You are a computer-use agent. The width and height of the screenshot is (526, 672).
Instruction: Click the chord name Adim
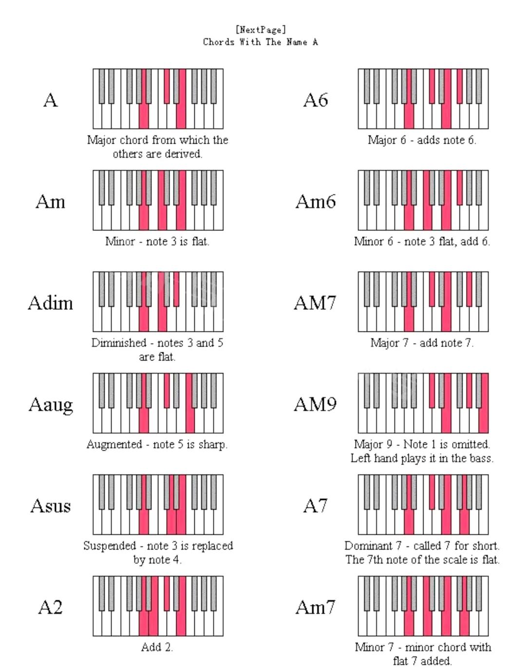50,303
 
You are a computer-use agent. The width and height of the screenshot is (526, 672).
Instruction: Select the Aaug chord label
51,404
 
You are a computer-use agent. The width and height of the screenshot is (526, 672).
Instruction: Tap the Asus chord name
51,506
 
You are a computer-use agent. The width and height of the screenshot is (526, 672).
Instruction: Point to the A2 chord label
51,607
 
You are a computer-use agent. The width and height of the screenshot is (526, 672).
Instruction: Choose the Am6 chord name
316,202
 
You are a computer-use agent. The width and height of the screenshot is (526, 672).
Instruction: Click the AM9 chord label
315,404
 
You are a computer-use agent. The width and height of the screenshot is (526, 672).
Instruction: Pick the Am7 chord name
316,607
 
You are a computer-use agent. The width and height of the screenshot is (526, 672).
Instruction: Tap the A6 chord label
316,100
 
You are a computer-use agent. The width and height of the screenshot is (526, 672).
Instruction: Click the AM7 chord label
315,303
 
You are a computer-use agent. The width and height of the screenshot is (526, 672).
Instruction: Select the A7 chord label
316,506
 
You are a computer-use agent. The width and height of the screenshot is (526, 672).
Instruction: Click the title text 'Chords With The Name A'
261,42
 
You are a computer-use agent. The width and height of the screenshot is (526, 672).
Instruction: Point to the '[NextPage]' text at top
261,30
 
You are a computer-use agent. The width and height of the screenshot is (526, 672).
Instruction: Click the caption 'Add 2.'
157,647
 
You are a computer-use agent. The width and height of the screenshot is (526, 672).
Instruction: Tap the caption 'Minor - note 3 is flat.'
157,241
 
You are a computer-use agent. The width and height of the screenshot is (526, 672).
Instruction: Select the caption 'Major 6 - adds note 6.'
422,140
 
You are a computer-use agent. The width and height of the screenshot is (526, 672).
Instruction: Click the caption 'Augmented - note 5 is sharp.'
157,444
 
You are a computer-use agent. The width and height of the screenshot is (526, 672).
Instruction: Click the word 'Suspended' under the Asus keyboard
110,546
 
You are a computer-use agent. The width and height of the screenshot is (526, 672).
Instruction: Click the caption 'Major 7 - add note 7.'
422,343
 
